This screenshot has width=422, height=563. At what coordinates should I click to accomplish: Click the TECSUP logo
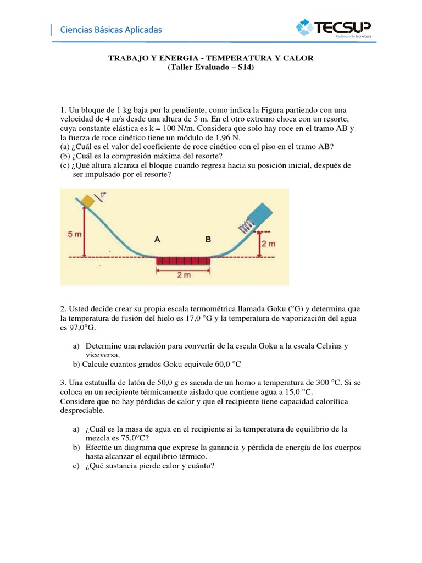[x=334, y=27]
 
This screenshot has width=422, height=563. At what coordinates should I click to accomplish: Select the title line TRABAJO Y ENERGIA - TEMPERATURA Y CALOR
[x=210, y=58]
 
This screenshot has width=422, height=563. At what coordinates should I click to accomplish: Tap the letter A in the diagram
[x=158, y=240]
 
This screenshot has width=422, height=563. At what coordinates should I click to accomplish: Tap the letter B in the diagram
[x=208, y=240]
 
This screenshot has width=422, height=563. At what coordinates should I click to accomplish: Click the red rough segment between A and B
[x=183, y=261]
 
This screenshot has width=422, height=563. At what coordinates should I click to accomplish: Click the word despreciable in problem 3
[x=85, y=410]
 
